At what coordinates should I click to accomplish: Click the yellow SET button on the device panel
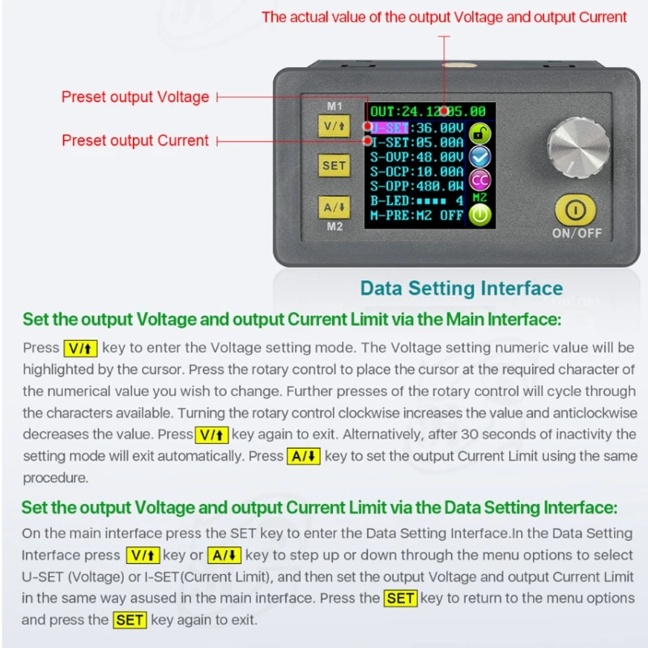click(x=334, y=165)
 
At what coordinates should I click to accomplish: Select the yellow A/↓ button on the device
click(x=334, y=207)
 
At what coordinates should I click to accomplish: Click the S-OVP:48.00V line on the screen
click(x=417, y=156)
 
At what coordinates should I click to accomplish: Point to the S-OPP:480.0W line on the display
click(x=417, y=185)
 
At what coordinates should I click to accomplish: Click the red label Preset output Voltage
click(x=135, y=97)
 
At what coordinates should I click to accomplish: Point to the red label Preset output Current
click(x=135, y=140)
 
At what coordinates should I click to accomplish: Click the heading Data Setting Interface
click(x=461, y=288)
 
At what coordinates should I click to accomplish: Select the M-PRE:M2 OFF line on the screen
click(x=417, y=215)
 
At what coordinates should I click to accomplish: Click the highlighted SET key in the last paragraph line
click(x=130, y=620)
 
